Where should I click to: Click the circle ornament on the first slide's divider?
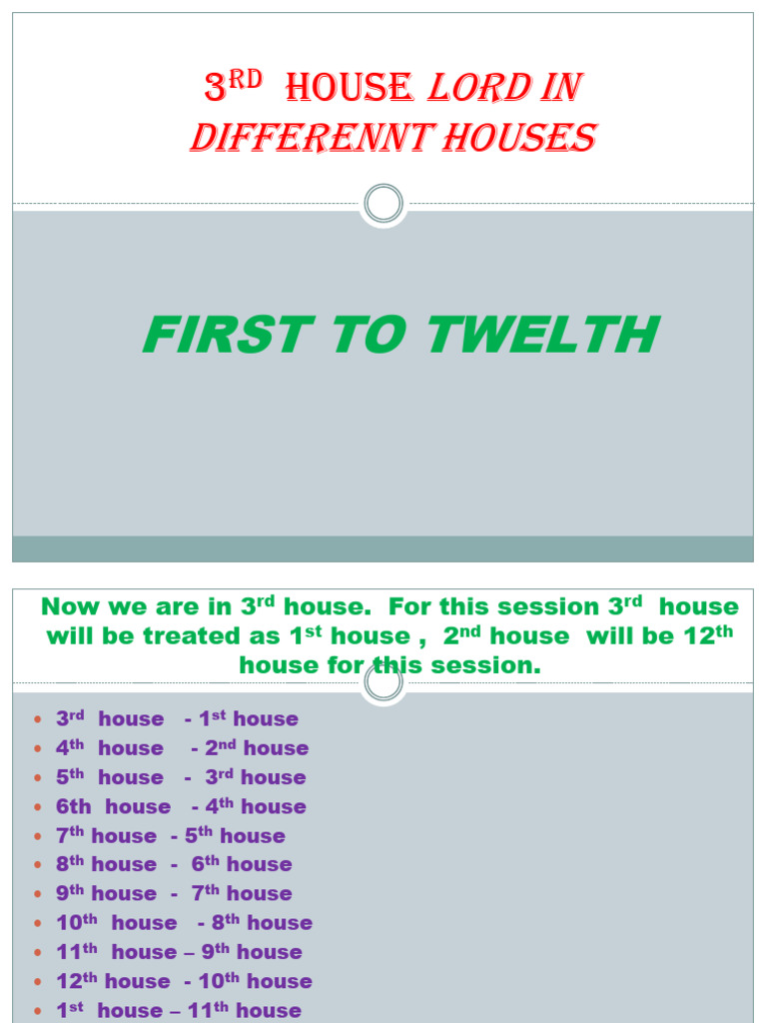click(383, 205)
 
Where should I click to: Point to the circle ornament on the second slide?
click(383, 683)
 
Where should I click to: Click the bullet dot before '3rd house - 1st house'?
click(37, 719)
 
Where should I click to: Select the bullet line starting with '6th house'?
click(181, 806)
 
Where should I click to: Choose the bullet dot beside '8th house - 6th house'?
click(37, 864)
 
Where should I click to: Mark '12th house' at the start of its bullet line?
click(113, 980)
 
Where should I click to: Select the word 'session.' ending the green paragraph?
click(486, 664)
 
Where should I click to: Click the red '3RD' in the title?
click(233, 88)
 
